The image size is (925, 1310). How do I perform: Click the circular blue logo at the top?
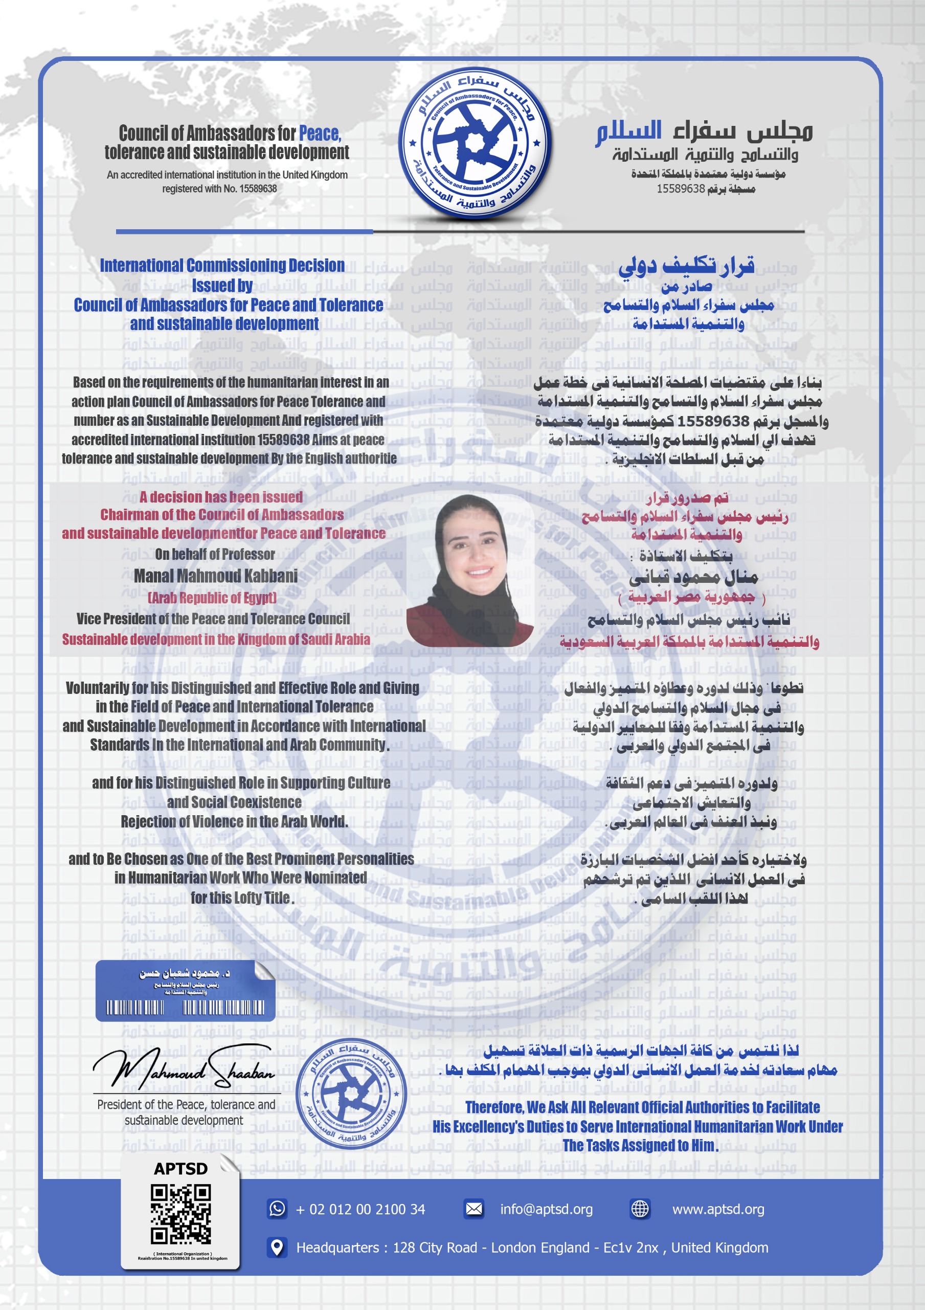click(474, 144)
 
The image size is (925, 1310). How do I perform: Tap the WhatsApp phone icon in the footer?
click(277, 1209)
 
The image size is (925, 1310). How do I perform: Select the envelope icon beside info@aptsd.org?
click(474, 1209)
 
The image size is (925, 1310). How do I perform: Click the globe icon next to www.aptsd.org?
click(640, 1209)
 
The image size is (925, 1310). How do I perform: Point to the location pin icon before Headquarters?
click(277, 1247)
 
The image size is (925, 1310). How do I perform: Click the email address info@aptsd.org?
click(546, 1209)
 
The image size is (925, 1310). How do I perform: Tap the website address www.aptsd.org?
click(718, 1209)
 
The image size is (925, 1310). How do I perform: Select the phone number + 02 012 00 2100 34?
click(360, 1209)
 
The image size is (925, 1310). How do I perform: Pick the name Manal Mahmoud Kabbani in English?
click(216, 576)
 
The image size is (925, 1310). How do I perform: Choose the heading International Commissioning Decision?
click(222, 265)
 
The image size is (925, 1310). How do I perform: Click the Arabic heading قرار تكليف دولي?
click(686, 265)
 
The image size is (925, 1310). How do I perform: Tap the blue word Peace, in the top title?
click(320, 134)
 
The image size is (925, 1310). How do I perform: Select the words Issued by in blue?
click(222, 285)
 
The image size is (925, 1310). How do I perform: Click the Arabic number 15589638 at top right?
click(681, 189)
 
